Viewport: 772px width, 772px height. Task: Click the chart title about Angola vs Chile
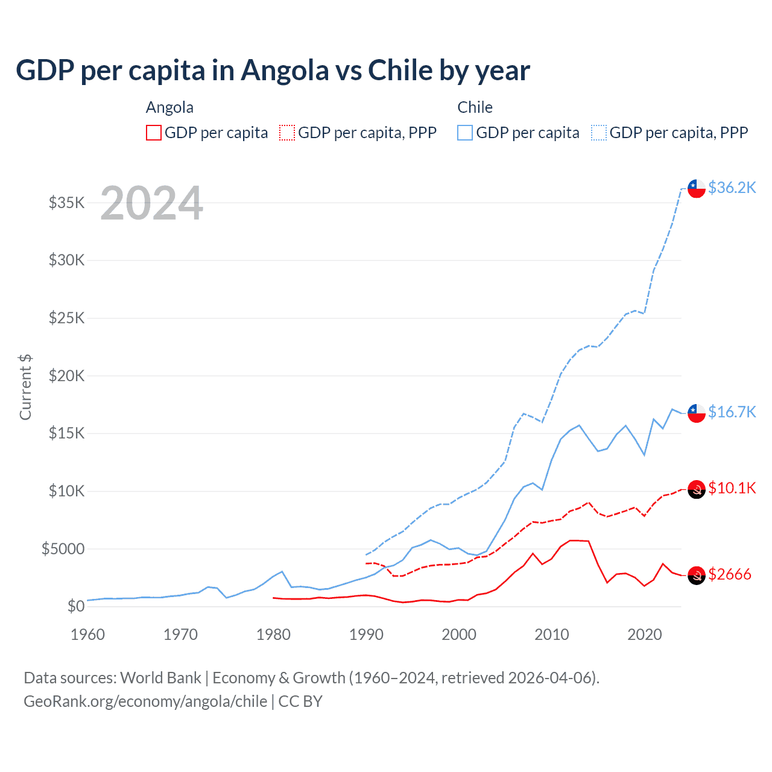(273, 71)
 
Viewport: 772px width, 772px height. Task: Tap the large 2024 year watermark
(151, 203)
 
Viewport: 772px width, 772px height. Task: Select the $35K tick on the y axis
(67, 203)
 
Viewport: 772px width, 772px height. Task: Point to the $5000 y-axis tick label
(63, 549)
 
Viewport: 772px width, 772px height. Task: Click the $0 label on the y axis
(75, 606)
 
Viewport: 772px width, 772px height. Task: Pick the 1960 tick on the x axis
(87, 634)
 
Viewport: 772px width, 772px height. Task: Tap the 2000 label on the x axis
(459, 634)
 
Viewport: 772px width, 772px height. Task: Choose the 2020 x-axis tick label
(645, 634)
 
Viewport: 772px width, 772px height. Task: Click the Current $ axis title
(25, 387)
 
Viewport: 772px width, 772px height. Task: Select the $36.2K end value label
(732, 188)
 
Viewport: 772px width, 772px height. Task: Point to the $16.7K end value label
(732, 412)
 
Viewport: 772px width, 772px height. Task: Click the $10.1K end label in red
(732, 488)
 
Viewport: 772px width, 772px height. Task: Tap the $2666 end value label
(729, 574)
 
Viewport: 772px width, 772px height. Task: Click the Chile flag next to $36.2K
(697, 188)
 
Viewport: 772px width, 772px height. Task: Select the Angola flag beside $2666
(697, 576)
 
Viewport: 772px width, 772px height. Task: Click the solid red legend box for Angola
(154, 133)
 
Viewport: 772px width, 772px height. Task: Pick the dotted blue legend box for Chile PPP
(599, 133)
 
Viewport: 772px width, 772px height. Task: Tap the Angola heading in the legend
(169, 107)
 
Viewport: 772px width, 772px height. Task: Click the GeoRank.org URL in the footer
(145, 701)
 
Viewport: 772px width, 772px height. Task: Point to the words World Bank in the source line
(160, 678)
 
